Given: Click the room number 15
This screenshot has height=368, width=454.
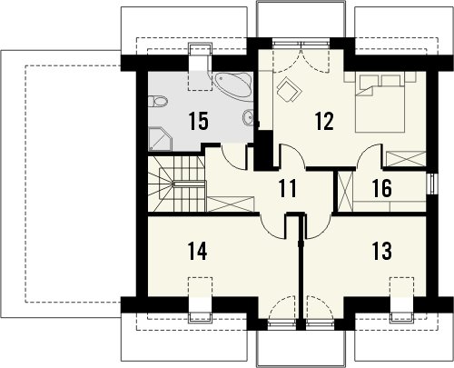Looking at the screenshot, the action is (198, 121).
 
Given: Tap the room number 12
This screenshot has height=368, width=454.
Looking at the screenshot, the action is (324, 121).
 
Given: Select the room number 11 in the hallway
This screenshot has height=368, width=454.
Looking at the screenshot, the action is (287, 188).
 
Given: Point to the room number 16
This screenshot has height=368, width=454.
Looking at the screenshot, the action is (382, 188).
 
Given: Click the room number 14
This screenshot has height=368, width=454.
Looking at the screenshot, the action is (197, 251).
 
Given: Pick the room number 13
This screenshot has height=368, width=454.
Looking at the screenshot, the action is (381, 251).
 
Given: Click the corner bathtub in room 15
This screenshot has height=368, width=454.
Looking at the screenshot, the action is (232, 85).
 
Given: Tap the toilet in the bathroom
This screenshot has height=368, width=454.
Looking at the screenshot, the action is (158, 102).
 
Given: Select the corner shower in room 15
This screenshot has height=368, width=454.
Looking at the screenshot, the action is (160, 139).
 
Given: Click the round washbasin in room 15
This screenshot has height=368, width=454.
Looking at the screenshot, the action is (248, 117).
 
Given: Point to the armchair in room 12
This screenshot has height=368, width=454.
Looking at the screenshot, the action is (290, 89).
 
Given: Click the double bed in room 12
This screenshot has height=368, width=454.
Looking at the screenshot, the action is (380, 104).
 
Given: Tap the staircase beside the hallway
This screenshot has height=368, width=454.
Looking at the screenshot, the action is (176, 184).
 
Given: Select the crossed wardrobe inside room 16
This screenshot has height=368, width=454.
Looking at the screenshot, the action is (345, 191).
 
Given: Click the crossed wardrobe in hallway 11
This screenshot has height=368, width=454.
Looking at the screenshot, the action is (231, 204).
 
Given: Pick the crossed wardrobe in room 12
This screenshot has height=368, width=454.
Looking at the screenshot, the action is (406, 159).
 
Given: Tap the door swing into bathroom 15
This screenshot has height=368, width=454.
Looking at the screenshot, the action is (234, 157).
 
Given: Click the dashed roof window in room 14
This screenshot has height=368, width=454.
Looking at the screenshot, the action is (200, 286).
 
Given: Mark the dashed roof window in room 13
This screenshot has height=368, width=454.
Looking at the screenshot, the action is (401, 286).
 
